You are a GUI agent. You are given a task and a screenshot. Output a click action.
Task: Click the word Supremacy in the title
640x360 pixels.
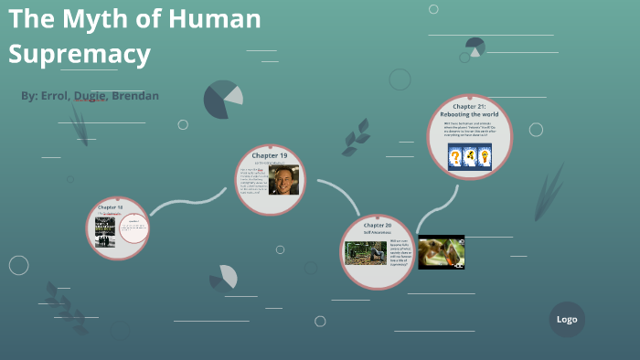point(80,54)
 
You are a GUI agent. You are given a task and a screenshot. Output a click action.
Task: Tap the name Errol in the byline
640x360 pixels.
point(58,96)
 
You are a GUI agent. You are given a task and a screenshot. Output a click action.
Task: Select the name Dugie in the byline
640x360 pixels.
point(91,96)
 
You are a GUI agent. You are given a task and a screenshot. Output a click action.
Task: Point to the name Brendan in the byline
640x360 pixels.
point(135,96)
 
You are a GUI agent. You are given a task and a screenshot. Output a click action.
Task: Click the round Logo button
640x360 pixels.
point(567,320)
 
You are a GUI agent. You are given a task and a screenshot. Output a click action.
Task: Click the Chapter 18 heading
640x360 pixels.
point(110,208)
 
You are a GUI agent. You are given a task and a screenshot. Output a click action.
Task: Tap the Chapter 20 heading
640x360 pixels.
point(377,225)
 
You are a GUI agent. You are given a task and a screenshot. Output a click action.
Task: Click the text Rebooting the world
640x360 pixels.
point(469,114)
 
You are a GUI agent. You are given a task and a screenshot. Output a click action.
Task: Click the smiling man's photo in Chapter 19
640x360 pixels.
point(284,180)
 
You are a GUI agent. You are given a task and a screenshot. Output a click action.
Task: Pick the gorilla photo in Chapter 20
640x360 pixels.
point(366,252)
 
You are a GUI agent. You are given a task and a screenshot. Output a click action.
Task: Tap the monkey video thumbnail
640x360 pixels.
point(442,252)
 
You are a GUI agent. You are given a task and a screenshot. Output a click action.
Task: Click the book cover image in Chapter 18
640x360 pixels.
point(105,231)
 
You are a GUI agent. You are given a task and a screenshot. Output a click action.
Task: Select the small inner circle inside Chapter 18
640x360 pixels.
point(133,229)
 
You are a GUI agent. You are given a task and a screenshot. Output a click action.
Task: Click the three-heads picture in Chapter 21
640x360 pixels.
point(469,156)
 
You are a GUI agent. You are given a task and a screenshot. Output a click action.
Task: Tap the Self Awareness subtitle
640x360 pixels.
point(377,233)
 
